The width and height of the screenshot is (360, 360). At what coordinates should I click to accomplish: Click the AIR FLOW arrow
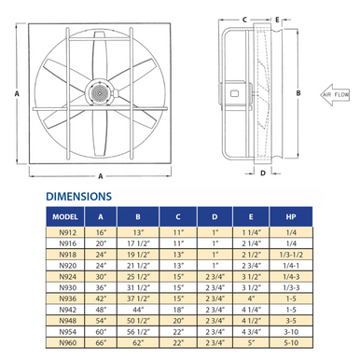(335, 94)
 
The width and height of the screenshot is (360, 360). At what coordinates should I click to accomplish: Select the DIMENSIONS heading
(78, 197)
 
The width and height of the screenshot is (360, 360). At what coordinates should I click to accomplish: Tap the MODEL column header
(65, 216)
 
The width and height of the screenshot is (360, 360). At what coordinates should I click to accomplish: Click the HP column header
(291, 216)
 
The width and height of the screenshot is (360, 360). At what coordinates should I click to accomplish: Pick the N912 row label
(68, 232)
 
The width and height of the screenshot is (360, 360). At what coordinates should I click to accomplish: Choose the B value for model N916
(138, 243)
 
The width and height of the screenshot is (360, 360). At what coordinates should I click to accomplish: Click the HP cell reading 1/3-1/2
(291, 255)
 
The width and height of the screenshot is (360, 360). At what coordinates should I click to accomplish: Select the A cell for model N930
(101, 288)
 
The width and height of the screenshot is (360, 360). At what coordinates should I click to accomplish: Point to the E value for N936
(251, 298)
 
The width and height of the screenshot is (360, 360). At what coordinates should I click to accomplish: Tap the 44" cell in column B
(138, 310)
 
